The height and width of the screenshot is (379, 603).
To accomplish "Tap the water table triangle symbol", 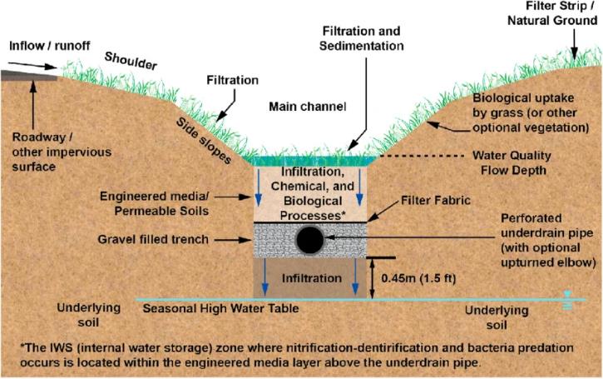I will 566,295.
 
